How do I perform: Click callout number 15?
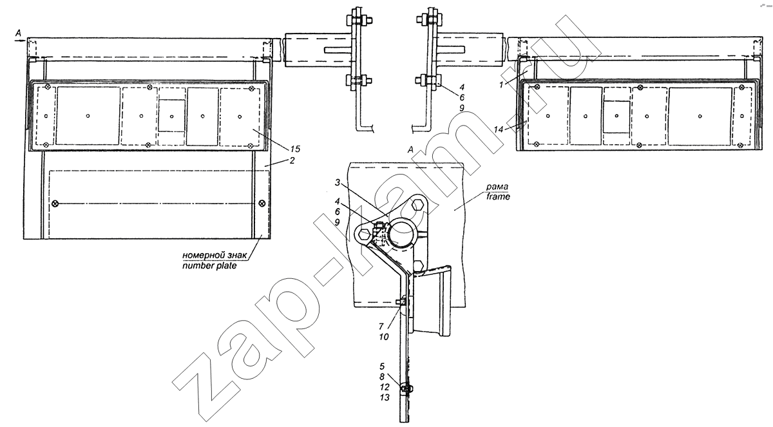295,149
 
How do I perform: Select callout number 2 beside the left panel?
292,160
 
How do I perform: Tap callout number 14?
499,129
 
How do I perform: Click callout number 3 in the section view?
338,182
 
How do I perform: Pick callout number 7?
381,327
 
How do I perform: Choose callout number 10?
384,337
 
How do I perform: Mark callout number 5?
381,366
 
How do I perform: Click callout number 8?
381,377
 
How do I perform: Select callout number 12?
385,387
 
